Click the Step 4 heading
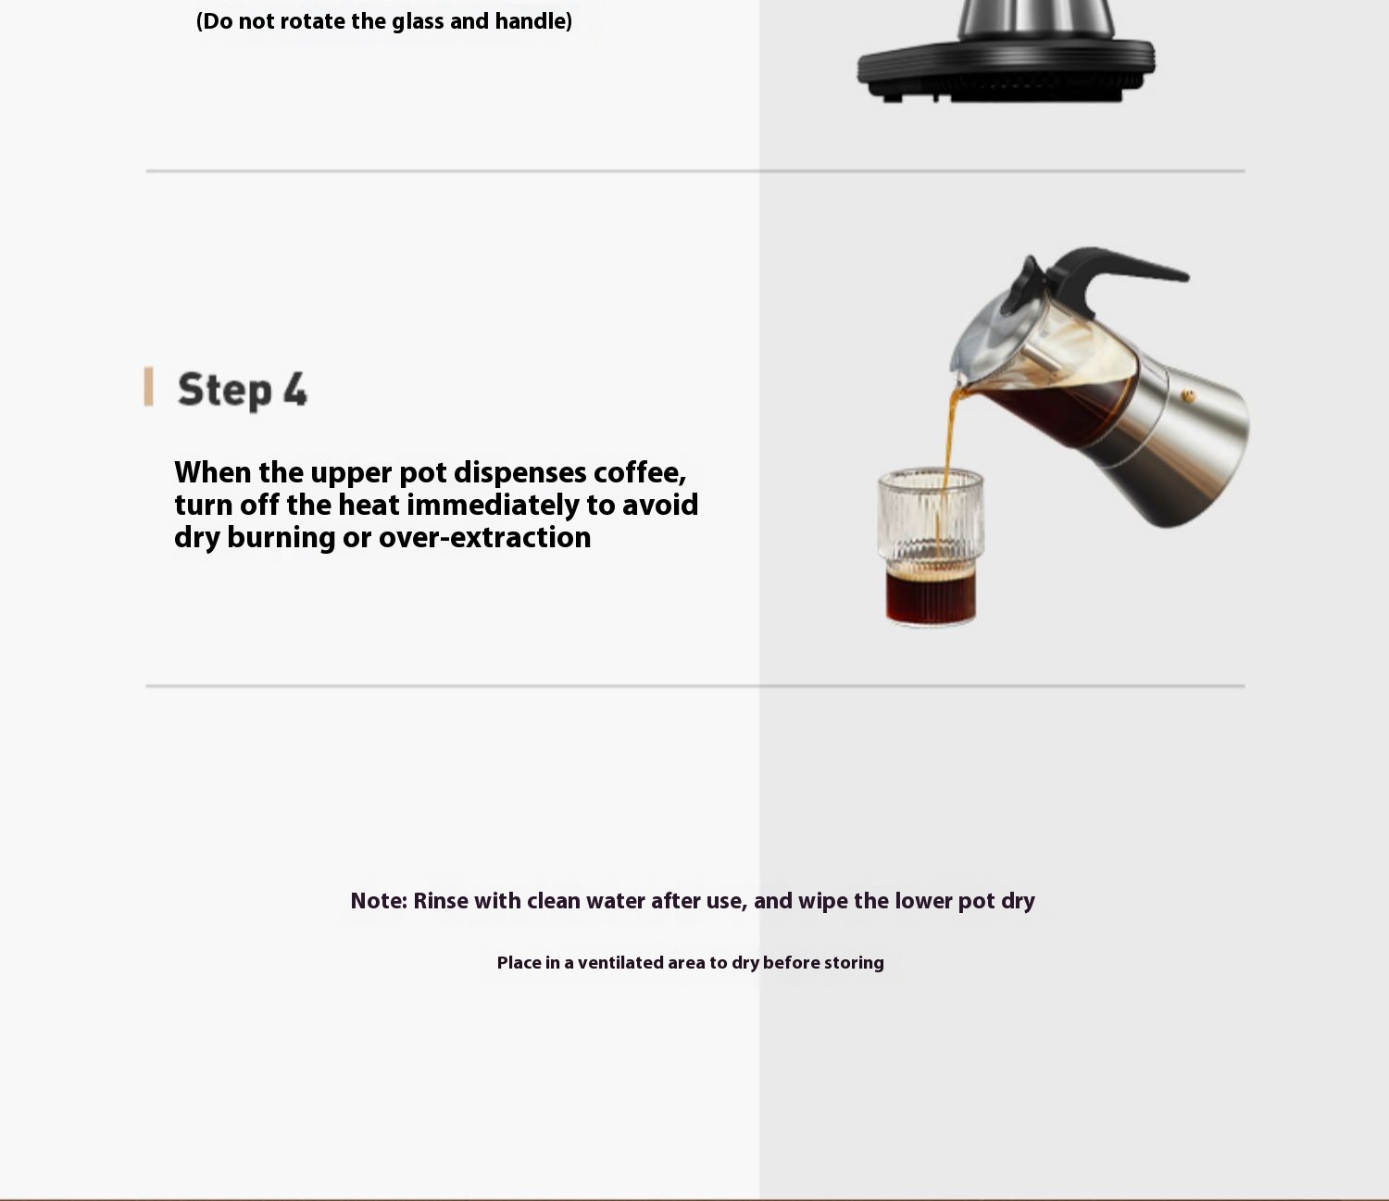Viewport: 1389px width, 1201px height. click(243, 390)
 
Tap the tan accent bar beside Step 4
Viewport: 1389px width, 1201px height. click(148, 386)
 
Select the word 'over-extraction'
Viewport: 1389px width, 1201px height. click(484, 538)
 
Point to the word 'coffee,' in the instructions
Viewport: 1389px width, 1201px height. click(640, 473)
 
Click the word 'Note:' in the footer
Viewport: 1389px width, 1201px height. click(379, 901)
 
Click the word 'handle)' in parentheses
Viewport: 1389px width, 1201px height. click(533, 21)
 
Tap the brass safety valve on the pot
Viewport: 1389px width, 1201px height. click(1188, 396)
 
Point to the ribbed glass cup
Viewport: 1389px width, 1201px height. click(931, 547)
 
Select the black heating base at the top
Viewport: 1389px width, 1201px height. click(1006, 70)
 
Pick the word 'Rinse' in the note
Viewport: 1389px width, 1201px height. click(440, 901)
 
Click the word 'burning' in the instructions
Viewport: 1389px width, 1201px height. click(282, 538)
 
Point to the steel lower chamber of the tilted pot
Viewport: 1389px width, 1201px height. click(1183, 457)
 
